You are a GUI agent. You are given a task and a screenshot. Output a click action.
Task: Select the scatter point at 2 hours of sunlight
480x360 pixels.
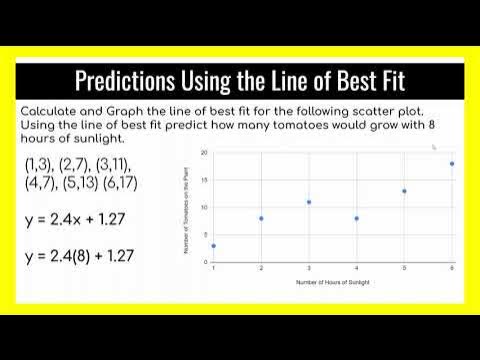tap(262, 218)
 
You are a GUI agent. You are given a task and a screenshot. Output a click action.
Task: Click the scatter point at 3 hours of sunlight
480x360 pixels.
tap(309, 202)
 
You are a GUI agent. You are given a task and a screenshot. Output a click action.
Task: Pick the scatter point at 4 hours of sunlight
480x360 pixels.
tap(357, 218)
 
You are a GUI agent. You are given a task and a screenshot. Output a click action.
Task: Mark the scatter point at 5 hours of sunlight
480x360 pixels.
tap(404, 191)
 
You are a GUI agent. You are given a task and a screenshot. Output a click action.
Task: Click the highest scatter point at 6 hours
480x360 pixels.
tap(452, 164)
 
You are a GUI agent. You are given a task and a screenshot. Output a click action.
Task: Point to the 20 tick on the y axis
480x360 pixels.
tap(203, 153)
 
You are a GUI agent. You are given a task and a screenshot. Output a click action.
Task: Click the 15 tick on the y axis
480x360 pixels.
tap(203, 180)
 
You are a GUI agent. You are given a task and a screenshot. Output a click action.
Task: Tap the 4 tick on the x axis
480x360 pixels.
tap(357, 269)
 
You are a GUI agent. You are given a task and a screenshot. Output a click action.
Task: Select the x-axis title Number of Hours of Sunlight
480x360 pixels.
tap(333, 283)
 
